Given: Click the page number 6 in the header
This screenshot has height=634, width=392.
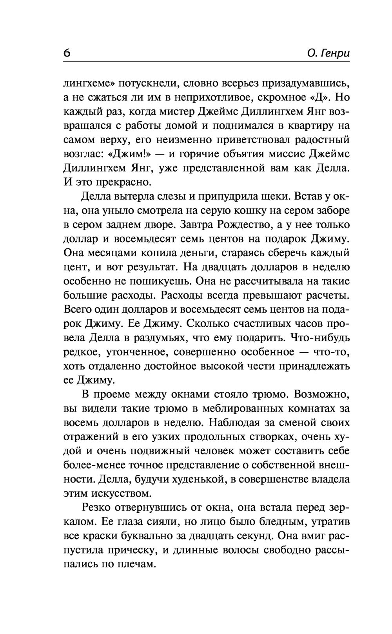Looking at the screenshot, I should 67,53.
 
